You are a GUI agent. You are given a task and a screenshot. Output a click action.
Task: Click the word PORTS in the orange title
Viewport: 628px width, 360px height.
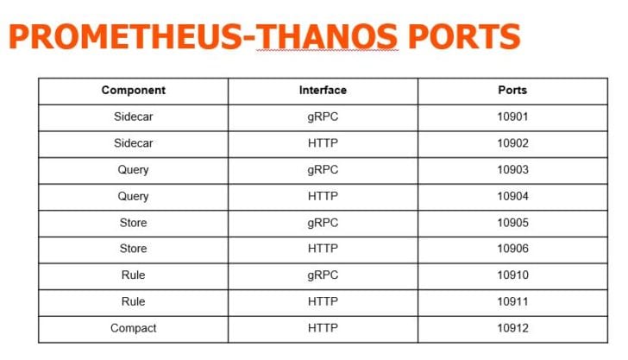pyautogui.click(x=464, y=36)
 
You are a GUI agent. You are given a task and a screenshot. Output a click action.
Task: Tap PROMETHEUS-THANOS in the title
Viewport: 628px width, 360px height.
pyautogui.click(x=203, y=36)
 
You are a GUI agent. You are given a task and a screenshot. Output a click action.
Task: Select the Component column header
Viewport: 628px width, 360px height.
pyautogui.click(x=134, y=90)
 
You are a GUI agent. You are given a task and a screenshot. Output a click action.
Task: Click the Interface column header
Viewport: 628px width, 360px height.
pyautogui.click(x=323, y=90)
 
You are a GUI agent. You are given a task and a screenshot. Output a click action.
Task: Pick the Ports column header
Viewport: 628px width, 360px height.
pyautogui.click(x=512, y=90)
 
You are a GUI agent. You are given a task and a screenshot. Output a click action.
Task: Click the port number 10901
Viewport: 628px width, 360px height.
pyautogui.click(x=512, y=117)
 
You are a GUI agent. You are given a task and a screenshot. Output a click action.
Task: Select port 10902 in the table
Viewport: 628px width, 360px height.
pyautogui.click(x=512, y=143)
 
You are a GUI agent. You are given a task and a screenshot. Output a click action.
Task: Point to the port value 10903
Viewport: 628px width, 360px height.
pyautogui.click(x=512, y=169)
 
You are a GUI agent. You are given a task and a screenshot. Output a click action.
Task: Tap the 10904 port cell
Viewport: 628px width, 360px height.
pyautogui.click(x=512, y=196)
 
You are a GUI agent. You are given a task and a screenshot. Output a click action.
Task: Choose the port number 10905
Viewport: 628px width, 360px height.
pyautogui.click(x=512, y=223)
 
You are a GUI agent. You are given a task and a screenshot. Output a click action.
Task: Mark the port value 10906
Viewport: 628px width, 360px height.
pyautogui.click(x=512, y=249)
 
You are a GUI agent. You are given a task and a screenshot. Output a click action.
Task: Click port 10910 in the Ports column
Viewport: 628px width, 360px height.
pyautogui.click(x=512, y=275)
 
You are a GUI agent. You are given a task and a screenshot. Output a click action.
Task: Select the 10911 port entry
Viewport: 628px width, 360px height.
pyautogui.click(x=512, y=301)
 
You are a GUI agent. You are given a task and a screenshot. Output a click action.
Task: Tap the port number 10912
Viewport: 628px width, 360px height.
pyautogui.click(x=512, y=328)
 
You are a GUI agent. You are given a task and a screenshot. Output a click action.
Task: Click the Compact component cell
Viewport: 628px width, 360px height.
pyautogui.click(x=134, y=328)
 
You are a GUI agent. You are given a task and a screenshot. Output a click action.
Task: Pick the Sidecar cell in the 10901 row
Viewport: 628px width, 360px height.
pyautogui.click(x=134, y=117)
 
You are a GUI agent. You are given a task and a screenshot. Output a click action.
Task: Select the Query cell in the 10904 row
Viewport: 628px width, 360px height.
pyautogui.click(x=134, y=197)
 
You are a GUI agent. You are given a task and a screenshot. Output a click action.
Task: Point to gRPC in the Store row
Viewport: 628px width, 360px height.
pyautogui.click(x=323, y=223)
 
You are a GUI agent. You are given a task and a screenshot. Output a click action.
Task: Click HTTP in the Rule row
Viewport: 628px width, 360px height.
pyautogui.click(x=323, y=301)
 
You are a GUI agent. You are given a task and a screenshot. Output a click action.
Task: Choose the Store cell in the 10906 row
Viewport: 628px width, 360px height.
pyautogui.click(x=134, y=249)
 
